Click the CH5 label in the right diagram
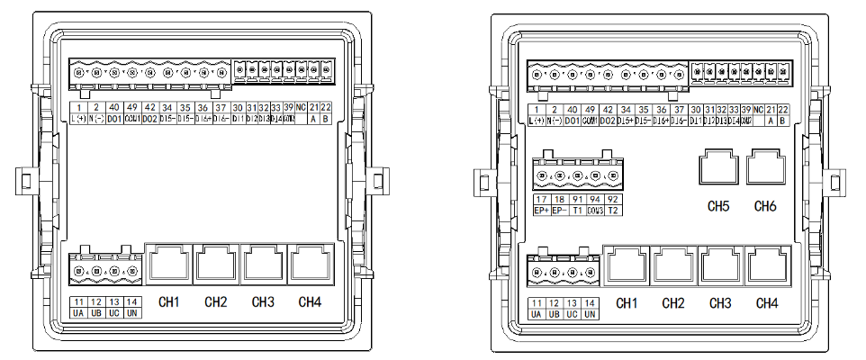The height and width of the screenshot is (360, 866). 718,206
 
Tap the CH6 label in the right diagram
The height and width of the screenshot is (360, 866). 766,206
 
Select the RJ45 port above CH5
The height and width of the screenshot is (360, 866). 718,168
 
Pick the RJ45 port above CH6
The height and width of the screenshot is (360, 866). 767,168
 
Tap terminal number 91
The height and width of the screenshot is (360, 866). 577,199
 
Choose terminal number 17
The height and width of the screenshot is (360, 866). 540,199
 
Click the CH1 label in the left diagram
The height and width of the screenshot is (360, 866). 168,301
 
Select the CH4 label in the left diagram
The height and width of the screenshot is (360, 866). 310,301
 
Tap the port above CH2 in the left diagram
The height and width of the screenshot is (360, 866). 215,263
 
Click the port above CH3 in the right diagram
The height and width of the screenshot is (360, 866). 719,265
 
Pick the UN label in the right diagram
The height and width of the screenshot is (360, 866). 590,314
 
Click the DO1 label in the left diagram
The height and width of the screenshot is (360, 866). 114,118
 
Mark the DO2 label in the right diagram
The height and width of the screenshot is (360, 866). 608,120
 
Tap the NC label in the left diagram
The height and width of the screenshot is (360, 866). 302,108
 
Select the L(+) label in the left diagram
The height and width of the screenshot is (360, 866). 79,118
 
